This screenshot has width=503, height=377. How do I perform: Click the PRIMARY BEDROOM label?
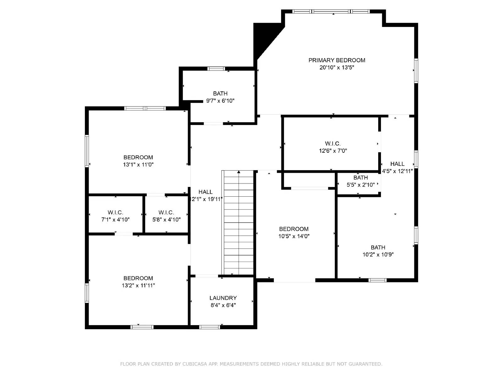[337, 60]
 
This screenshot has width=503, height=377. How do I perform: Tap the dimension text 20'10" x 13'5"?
[337, 67]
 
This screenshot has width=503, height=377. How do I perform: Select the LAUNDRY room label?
[223, 298]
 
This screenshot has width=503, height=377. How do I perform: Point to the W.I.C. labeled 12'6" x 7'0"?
[333, 147]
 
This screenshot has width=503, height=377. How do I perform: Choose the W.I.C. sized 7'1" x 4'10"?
[115, 216]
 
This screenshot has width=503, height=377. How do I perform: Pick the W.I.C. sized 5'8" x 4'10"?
[166, 216]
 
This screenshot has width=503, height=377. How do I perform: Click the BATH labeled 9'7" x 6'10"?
[220, 97]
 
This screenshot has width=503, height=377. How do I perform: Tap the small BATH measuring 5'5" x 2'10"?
[360, 181]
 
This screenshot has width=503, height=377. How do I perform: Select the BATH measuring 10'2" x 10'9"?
[378, 251]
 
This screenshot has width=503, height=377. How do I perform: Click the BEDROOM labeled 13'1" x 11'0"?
[138, 161]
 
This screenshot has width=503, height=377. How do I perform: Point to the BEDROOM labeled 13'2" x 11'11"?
[138, 281]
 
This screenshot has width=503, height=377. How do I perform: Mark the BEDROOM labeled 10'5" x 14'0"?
[294, 232]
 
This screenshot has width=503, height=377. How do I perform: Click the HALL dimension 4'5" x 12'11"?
[397, 171]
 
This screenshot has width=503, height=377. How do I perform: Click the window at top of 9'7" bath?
[216, 68]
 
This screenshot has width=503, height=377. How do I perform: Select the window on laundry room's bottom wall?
[209, 327]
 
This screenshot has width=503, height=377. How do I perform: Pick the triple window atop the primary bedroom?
[331, 12]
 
